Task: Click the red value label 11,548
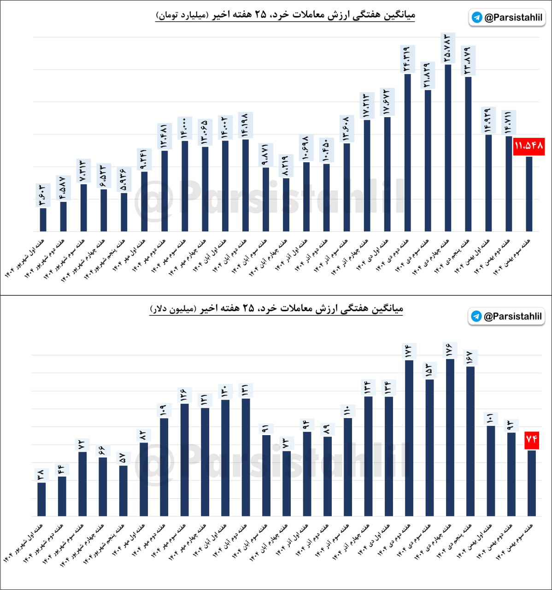point(529,146)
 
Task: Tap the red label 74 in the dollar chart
point(531,439)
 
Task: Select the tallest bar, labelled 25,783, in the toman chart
point(448,147)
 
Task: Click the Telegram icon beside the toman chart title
point(477,18)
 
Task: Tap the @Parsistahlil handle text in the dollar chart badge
point(512,316)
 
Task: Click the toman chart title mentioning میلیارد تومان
point(286,15)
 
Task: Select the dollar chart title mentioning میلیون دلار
point(276,308)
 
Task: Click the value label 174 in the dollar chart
point(409,351)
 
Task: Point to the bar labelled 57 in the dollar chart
point(123,490)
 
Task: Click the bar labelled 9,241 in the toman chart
point(144,201)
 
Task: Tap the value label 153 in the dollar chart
point(429,370)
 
